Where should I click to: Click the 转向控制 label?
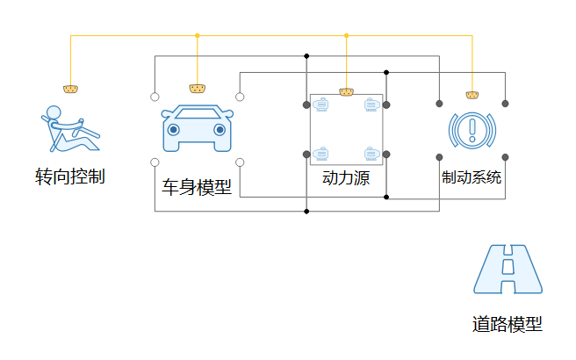70,176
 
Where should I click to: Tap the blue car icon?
198,129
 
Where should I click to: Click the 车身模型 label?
198,186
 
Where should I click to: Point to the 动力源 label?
346,178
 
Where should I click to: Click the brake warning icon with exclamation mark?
472,131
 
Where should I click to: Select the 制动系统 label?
472,177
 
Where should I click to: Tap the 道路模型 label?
508,324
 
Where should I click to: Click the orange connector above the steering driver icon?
70,89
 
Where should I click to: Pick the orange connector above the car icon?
198,89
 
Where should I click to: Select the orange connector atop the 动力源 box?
346,91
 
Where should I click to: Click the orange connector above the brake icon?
472,94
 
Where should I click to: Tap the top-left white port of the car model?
155,97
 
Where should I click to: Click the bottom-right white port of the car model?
240,162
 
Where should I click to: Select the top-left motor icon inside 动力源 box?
321,105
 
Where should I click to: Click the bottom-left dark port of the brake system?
439,157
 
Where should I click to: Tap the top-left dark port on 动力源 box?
306,105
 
